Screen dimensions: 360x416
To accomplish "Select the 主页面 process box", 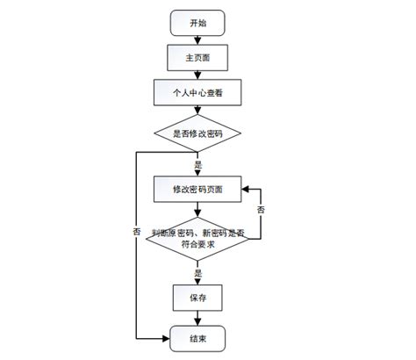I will [x=198, y=58].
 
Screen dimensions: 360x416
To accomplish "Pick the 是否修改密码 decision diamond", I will [x=198, y=133].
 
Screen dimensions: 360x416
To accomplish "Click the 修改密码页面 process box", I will [x=198, y=190].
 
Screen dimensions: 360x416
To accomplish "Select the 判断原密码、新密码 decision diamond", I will [x=198, y=238].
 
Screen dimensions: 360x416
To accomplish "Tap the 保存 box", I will [x=198, y=299].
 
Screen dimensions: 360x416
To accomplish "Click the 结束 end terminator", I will [x=198, y=337].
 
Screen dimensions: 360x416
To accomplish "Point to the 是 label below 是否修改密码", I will [x=198, y=163].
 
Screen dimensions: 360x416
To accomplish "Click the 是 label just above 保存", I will [x=198, y=274].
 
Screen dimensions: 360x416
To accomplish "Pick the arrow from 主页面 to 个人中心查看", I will [x=198, y=75].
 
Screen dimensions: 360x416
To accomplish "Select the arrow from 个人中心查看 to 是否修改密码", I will [x=198, y=111].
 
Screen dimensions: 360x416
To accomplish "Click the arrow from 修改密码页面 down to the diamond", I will [x=198, y=209].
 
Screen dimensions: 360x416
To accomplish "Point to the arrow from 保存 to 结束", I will [x=198, y=318].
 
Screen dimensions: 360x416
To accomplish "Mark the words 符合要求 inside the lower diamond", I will [x=198, y=245].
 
